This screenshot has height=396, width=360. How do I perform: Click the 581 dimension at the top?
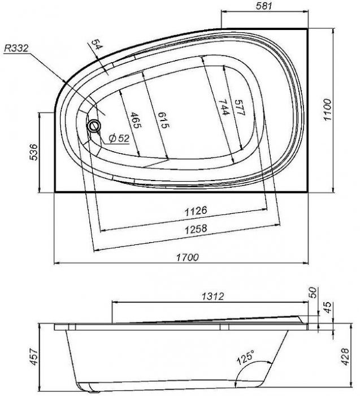pos(264,6)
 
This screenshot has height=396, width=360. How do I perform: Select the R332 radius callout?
pos(16,48)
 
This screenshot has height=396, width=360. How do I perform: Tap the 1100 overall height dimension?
pos(327,110)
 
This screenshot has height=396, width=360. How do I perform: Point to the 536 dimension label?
pos(34,152)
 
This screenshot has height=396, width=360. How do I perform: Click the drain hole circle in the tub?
pos(94,125)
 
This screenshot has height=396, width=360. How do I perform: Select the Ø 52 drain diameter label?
pos(119,139)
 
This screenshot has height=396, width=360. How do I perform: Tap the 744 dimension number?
pos(224,107)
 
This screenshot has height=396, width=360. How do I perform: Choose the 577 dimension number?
pos(240,107)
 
